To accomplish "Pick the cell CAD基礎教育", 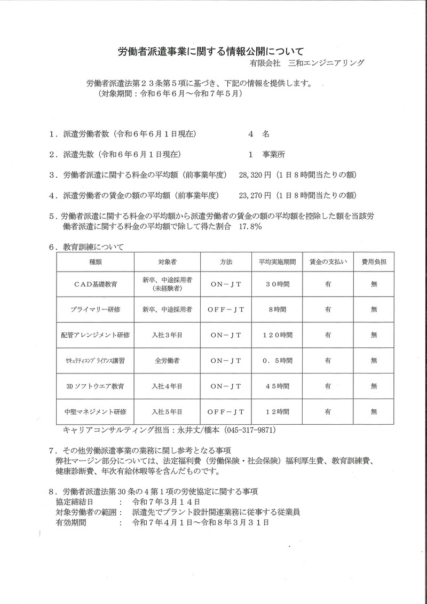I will pyautogui.click(x=96, y=284).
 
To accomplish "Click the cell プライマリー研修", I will pyautogui.click(x=96, y=309).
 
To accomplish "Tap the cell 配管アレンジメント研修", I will pyautogui.click(x=96, y=335).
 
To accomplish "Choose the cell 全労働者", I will pyautogui.click(x=168, y=360).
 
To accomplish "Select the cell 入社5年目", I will pyautogui.click(x=168, y=411).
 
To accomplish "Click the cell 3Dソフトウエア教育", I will pyautogui.click(x=96, y=386).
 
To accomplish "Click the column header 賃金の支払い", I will pyautogui.click(x=328, y=262).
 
